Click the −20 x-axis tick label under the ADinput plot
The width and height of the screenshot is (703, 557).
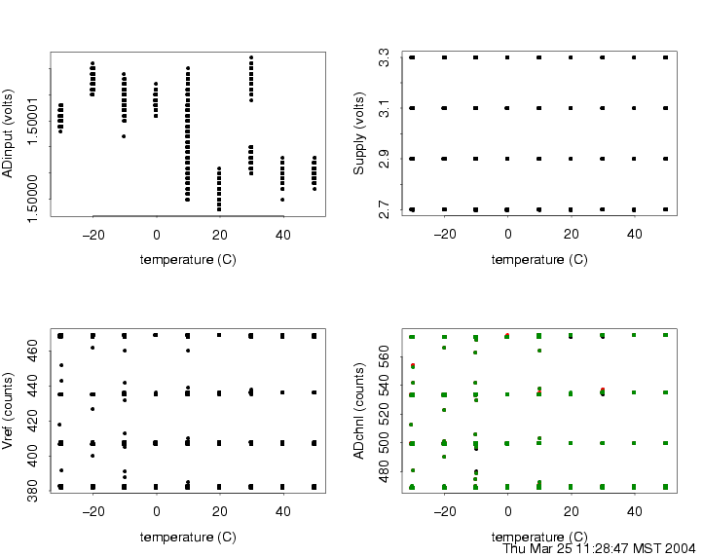click(x=92, y=235)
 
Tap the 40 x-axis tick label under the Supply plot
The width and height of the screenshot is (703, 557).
click(x=634, y=235)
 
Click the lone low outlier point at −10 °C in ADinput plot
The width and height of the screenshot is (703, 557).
click(x=124, y=136)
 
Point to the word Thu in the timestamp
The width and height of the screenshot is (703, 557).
click(x=518, y=548)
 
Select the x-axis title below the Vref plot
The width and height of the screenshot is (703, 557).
click(x=187, y=537)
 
